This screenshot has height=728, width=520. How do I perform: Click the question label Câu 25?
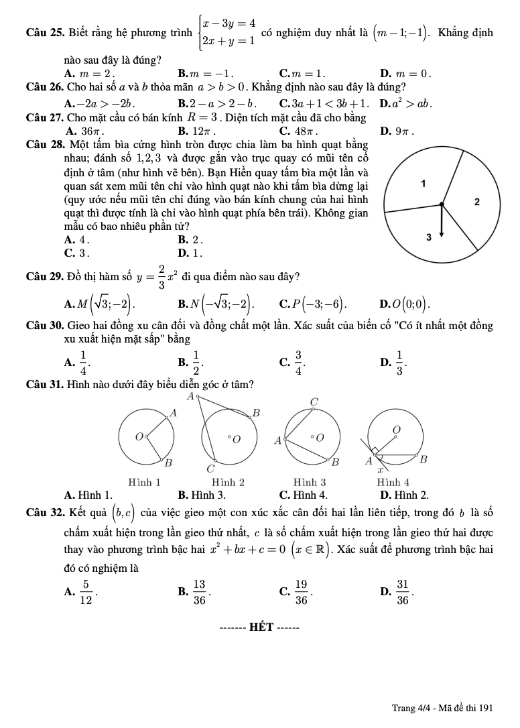coord(44,33)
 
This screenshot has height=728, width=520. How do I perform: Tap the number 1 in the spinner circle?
coord(423,183)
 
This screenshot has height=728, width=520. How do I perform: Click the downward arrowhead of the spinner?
coord(441,234)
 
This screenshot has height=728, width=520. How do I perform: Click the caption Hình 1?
coord(145,482)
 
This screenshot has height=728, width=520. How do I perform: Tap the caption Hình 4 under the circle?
coord(393,482)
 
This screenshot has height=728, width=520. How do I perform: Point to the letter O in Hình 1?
coord(139,437)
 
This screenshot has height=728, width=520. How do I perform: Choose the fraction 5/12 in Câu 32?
coord(85,591)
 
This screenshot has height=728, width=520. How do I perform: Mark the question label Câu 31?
coord(44,384)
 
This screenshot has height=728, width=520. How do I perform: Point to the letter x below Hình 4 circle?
coord(379,471)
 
